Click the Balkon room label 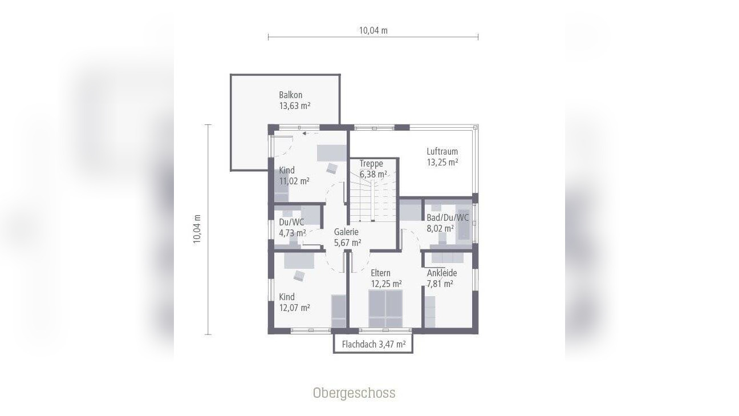(290, 95)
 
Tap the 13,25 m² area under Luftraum (442, 163)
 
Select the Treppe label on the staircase (371, 163)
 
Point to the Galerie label (346, 232)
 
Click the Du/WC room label (291, 222)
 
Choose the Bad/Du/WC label (448, 217)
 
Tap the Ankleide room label (442, 273)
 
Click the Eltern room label (380, 273)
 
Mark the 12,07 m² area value (294, 308)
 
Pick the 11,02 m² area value (294, 181)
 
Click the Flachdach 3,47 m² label (373, 344)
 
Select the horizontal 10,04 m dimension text (373, 31)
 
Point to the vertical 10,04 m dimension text (197, 229)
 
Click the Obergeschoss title (354, 393)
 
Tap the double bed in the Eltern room (385, 308)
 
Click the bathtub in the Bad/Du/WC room (464, 224)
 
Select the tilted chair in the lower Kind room (299, 276)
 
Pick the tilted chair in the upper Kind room (332, 168)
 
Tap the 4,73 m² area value (293, 233)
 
